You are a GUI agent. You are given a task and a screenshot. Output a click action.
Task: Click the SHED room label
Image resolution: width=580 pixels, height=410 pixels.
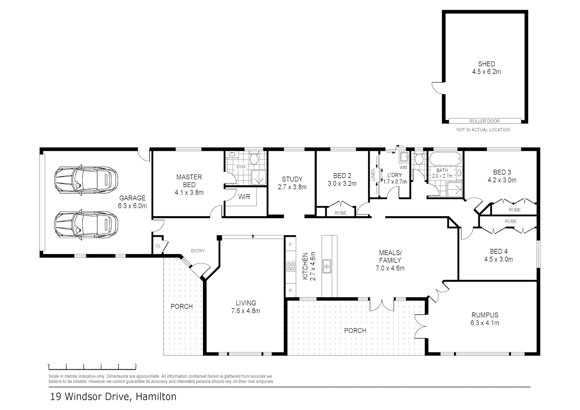(x=486, y=64)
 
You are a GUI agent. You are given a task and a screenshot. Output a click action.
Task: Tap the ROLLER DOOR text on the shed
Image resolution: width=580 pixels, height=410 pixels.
(x=484, y=121)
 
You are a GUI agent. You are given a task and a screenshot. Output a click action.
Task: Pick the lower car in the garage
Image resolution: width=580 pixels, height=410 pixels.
(x=86, y=225)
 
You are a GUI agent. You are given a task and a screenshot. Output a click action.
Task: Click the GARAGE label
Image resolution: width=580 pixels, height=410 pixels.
(x=132, y=198)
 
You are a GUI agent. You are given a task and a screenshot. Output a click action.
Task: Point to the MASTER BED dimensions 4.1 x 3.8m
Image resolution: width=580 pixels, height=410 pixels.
(x=189, y=193)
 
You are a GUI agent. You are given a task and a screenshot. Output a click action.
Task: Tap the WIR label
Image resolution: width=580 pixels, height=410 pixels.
(x=244, y=197)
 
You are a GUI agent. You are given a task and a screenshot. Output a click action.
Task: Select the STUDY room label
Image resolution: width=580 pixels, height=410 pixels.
(x=292, y=179)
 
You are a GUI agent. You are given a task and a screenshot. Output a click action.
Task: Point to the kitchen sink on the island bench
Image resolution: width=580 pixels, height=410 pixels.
(x=327, y=266)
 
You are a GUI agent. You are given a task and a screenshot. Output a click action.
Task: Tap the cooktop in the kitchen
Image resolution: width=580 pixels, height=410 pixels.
(x=290, y=266)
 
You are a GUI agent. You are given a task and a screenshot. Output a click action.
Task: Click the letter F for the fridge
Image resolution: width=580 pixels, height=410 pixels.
(x=290, y=245)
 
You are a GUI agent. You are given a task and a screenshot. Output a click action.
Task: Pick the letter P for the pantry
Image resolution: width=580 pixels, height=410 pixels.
(x=290, y=290)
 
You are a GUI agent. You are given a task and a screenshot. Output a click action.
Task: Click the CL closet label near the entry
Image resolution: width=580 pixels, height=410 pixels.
(x=158, y=246)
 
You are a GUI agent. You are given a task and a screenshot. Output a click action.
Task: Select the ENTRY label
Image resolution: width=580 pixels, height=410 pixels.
(x=198, y=251)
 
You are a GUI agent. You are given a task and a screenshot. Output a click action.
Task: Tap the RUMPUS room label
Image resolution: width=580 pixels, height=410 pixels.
(x=485, y=315)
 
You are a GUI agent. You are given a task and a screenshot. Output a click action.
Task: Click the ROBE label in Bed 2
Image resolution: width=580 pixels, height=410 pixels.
(x=341, y=213)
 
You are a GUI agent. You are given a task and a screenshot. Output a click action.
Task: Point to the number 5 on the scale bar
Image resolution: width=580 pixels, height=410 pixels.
(x=136, y=365)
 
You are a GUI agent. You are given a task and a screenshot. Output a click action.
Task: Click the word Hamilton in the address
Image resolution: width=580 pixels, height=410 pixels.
(x=156, y=396)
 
